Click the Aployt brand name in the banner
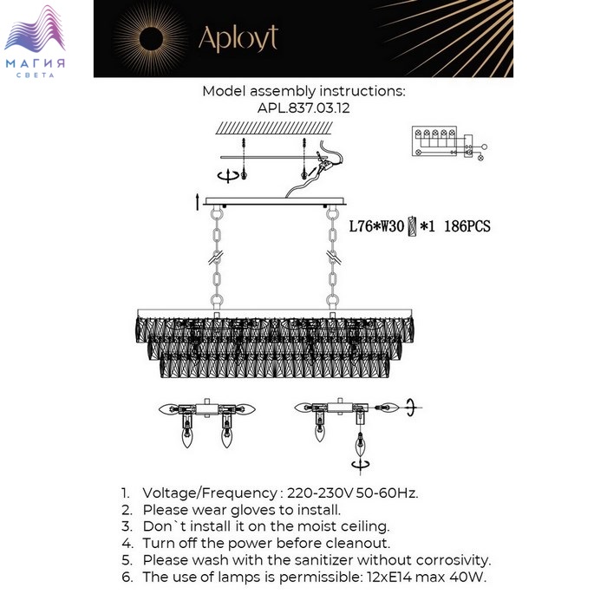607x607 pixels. (238, 38)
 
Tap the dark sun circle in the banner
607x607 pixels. (151, 39)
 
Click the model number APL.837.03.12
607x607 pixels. (303, 108)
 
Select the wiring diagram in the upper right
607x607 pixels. (449, 143)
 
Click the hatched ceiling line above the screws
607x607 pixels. (274, 128)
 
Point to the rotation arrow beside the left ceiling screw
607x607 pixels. (227, 176)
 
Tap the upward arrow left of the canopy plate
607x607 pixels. (198, 202)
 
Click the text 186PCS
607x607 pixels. (467, 226)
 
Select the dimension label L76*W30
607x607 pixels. (376, 226)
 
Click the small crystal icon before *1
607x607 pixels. (412, 226)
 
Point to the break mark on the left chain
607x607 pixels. (216, 257)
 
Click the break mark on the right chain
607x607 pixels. (333, 257)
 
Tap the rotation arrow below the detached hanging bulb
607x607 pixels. (361, 465)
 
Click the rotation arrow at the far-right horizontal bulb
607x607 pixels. (412, 408)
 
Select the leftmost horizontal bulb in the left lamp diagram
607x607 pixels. (168, 408)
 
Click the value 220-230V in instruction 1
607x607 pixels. (321, 493)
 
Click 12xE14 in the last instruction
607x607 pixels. (388, 578)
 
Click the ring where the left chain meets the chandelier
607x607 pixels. (217, 301)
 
